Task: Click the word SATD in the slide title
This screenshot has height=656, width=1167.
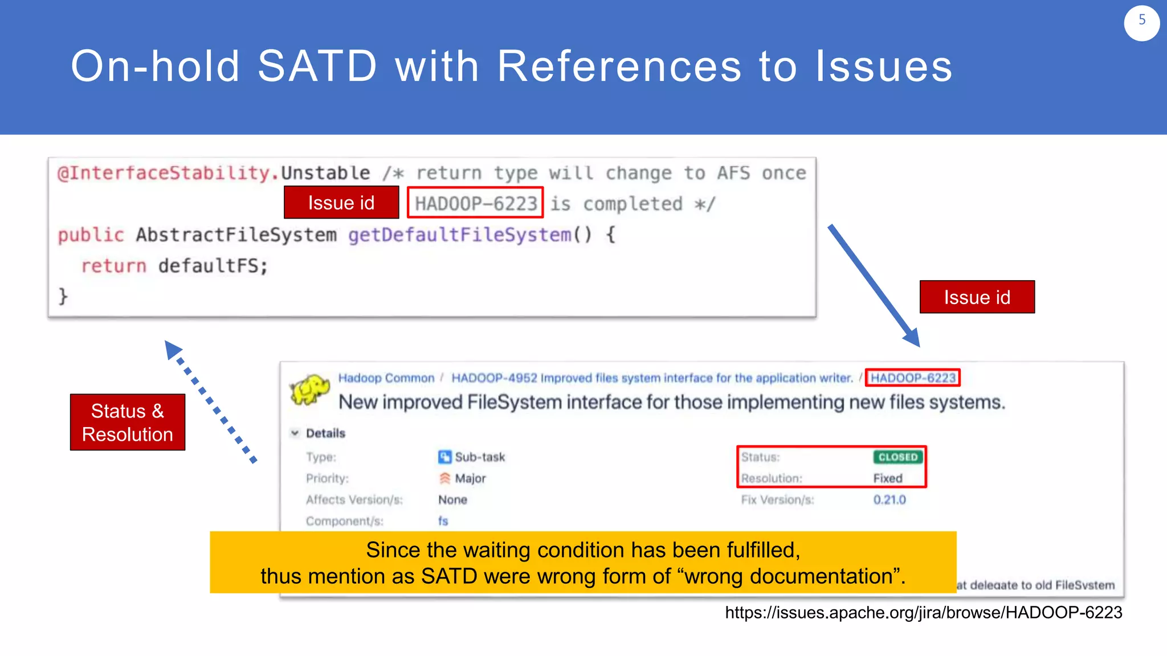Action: [x=317, y=67]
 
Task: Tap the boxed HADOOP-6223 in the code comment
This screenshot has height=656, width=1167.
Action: [x=475, y=203]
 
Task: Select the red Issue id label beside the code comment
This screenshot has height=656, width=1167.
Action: [x=341, y=203]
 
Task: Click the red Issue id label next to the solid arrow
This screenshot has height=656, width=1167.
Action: [x=977, y=297]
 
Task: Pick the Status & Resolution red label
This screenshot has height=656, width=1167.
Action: [x=128, y=423]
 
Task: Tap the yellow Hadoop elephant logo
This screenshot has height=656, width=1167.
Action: [x=309, y=390]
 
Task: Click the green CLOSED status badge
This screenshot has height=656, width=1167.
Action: [x=897, y=457]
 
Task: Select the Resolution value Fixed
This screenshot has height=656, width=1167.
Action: [x=887, y=478]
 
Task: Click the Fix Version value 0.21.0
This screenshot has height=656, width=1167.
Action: [x=889, y=500]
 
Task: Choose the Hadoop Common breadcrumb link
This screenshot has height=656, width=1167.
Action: [x=386, y=378]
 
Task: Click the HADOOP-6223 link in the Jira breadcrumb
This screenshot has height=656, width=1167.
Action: [x=912, y=378]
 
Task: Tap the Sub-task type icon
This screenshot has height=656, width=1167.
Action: [x=444, y=457]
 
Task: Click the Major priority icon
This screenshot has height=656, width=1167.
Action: [x=444, y=478]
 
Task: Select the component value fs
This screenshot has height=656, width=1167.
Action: [x=443, y=521]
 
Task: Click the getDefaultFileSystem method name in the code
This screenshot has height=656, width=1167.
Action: [x=459, y=235]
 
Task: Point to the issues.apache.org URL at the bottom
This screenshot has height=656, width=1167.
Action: [x=923, y=613]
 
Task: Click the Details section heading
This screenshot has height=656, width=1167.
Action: [x=325, y=433]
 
